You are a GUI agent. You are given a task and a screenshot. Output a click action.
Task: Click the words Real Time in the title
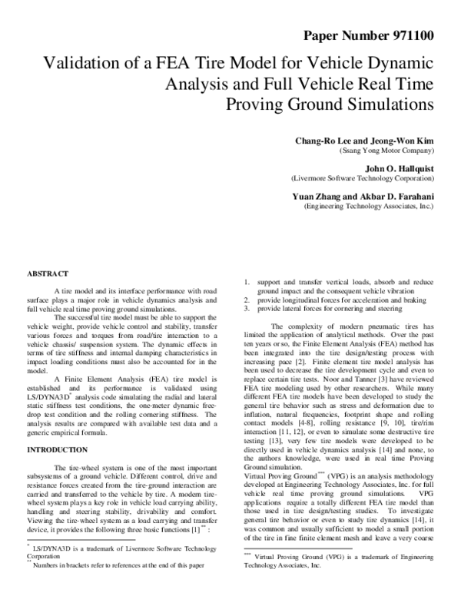pyautogui.click(x=399, y=83)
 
